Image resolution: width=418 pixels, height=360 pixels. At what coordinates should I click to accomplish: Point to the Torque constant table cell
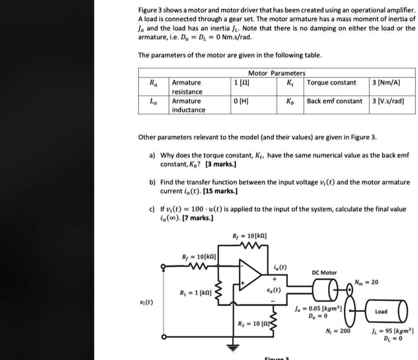click(332, 82)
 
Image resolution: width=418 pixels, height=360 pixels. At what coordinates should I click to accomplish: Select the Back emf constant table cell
click(334, 101)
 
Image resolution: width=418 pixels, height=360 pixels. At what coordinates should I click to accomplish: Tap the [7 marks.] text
click(200, 217)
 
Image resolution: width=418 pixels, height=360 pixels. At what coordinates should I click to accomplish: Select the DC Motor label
click(324, 272)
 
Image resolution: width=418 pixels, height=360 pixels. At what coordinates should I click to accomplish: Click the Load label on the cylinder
click(381, 311)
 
